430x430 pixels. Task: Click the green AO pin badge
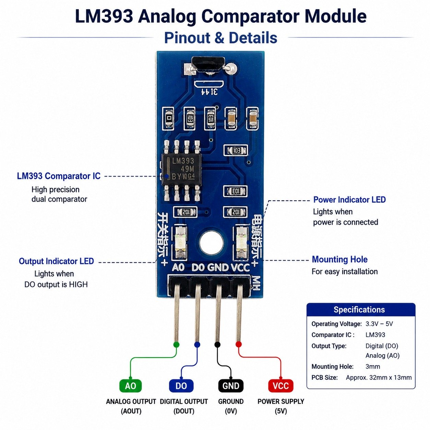pyautogui.click(x=131, y=386)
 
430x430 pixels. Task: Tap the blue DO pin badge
pyautogui.click(x=181, y=386)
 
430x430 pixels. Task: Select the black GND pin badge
pyautogui.click(x=231, y=386)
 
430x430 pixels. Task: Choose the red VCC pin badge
pyautogui.click(x=281, y=386)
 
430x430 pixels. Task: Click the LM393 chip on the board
pyautogui.click(x=181, y=170)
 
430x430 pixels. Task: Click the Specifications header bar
pyautogui.click(x=361, y=310)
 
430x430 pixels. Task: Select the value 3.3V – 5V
pyautogui.click(x=379, y=324)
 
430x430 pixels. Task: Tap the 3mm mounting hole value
pyautogui.click(x=373, y=367)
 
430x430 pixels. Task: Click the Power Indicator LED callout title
pyautogui.click(x=349, y=200)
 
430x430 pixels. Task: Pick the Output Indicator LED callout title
pyautogui.click(x=56, y=261)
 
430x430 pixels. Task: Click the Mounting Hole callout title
pyautogui.click(x=339, y=259)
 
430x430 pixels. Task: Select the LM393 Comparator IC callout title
pyautogui.click(x=59, y=176)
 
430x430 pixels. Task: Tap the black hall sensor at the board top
pyautogui.click(x=208, y=64)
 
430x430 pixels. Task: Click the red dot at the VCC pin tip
pyautogui.click(x=239, y=344)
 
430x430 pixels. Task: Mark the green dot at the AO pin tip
pyautogui.click(x=176, y=345)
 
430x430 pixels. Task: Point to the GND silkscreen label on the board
pyautogui.click(x=218, y=268)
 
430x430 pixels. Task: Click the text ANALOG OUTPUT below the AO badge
pyautogui.click(x=131, y=402)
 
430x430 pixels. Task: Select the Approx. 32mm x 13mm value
pyautogui.click(x=379, y=378)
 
